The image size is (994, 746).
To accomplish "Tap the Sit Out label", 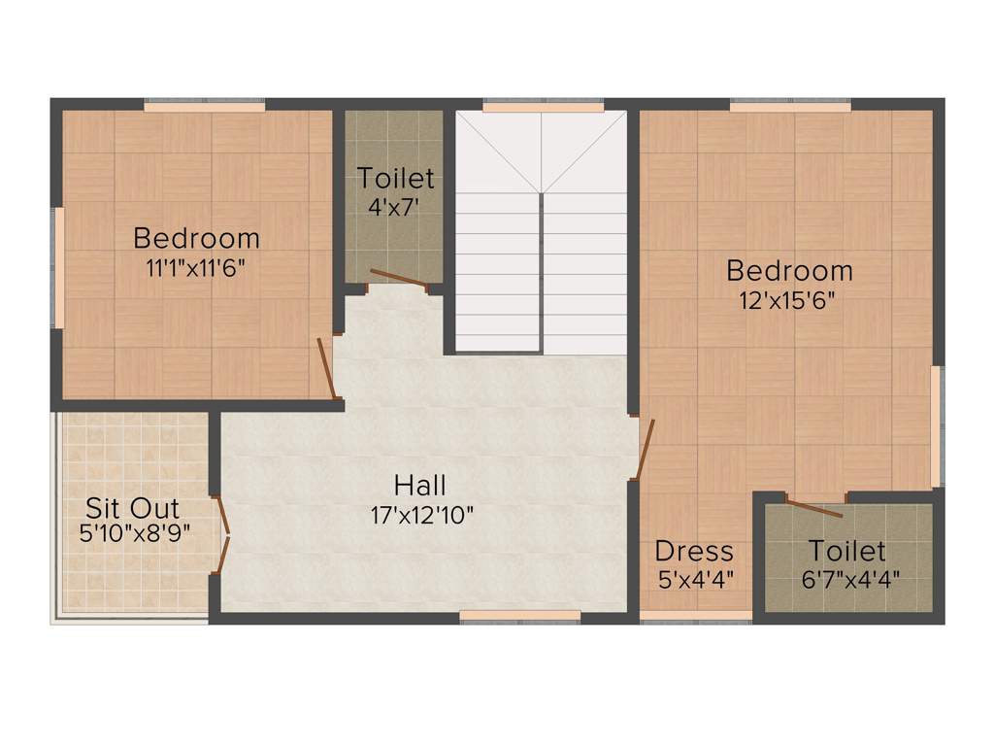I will tap(133, 508).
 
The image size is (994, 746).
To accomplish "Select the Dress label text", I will tap(694, 552).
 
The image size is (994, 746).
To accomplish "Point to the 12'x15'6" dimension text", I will tap(789, 299).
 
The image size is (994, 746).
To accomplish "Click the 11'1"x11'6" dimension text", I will tap(196, 267).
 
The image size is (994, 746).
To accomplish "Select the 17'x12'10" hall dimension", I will tap(421, 515).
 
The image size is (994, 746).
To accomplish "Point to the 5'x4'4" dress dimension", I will tap(695, 579).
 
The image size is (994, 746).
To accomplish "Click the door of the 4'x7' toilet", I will tap(399, 279).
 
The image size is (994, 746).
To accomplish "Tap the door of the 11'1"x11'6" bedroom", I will tap(327, 368).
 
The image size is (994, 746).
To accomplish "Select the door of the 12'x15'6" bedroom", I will tap(646, 449).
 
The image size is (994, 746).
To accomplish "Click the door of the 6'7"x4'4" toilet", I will tap(813, 507).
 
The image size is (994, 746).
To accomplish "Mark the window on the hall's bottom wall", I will tap(519, 615).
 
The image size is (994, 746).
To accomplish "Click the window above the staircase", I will tap(543, 106).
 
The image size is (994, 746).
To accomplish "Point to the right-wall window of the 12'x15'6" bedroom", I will tap(936, 425).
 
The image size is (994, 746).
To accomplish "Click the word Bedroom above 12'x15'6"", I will tap(789, 270).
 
